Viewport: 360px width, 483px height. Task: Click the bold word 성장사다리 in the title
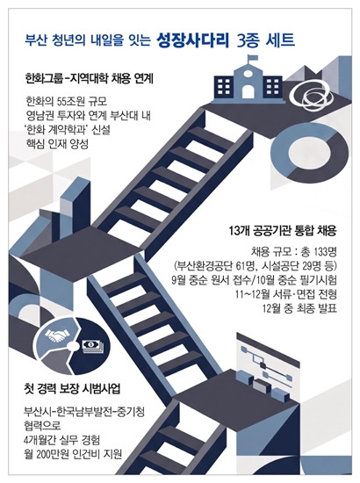pyautogui.click(x=193, y=40)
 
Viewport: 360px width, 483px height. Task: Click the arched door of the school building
pyautogui.click(x=248, y=92)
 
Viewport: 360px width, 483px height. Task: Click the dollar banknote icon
pyautogui.click(x=93, y=346)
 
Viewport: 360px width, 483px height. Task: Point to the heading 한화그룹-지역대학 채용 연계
pyautogui.click(x=90, y=79)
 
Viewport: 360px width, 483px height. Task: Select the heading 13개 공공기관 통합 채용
pyautogui.click(x=283, y=230)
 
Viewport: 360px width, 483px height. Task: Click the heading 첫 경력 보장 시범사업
pyautogui.click(x=72, y=389)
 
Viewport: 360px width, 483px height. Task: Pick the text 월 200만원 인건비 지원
pyautogui.click(x=73, y=453)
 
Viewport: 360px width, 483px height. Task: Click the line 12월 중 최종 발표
pyautogui.click(x=299, y=307)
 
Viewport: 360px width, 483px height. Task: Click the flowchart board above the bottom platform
pyautogui.click(x=267, y=359)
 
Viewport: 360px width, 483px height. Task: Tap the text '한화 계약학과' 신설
pyautogui.click(x=68, y=130)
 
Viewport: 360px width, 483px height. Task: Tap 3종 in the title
pyautogui.click(x=248, y=40)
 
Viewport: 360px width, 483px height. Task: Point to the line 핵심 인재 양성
pyautogui.click(x=57, y=144)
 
